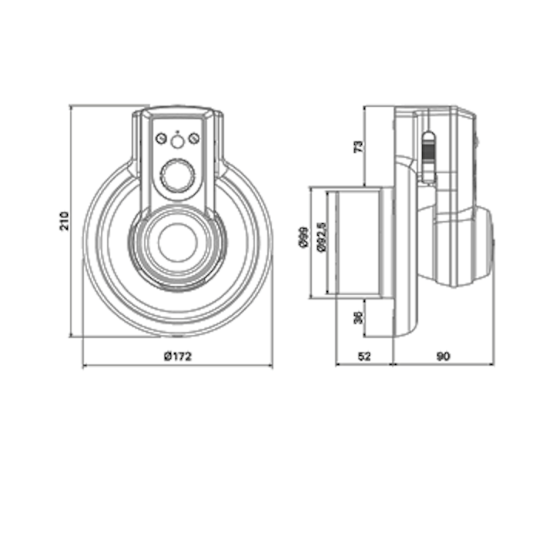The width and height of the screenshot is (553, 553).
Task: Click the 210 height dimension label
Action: pos(64,221)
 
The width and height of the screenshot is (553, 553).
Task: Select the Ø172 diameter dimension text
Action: pos(178,357)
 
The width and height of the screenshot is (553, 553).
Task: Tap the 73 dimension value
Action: pos(358,146)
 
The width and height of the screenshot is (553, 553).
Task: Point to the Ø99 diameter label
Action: pos(303,237)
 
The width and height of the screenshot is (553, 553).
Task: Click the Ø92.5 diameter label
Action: pos(322,237)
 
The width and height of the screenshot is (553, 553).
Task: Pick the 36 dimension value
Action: pos(358,317)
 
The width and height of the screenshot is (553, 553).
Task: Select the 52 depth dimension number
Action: pos(364,357)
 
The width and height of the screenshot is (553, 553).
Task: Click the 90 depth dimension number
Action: pos(444,357)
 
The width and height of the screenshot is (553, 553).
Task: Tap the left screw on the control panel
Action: pos(161,139)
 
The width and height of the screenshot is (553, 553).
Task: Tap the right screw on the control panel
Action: pos(194,139)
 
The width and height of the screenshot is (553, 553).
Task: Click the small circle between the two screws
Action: pos(178,142)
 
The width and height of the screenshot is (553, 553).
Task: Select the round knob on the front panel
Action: pos(178,176)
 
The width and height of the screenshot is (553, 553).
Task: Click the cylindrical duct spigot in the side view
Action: pos(360,243)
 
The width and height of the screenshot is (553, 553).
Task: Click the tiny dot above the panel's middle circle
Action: pos(178,132)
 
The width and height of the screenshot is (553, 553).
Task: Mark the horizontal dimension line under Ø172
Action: pos(178,366)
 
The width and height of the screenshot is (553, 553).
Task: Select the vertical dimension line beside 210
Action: pos(71,221)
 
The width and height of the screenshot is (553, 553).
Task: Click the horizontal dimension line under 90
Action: pos(444,364)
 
